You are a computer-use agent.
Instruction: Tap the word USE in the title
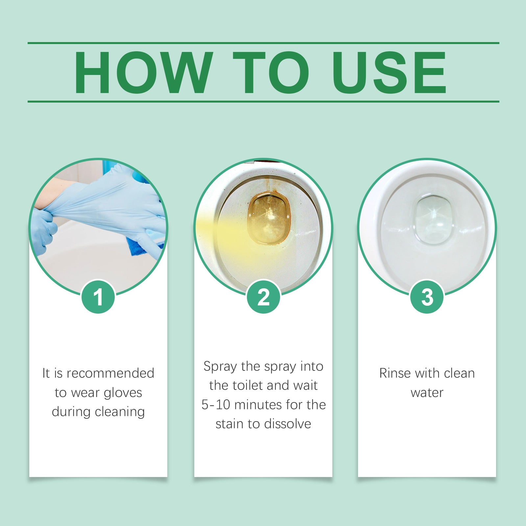389,73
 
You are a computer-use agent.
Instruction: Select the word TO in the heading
271,73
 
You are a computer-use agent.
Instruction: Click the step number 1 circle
98,297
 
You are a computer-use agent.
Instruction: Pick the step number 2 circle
263,297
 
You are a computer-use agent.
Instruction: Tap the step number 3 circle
427,297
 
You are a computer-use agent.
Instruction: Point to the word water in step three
427,393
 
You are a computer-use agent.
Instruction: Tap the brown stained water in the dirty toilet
269,219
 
